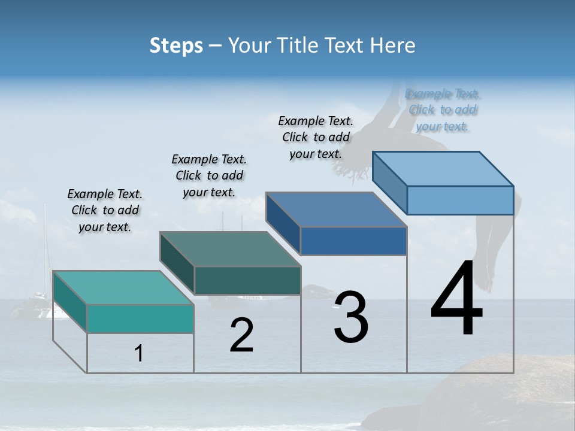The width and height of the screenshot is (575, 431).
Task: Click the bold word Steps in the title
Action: tap(176, 45)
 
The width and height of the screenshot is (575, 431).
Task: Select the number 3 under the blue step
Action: tap(351, 317)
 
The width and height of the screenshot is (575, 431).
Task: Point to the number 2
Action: tap(242, 335)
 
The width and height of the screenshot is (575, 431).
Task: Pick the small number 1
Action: tap(139, 354)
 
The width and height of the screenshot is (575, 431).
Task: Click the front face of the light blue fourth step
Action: tap(460, 200)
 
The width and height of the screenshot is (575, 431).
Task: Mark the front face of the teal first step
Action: tap(140, 318)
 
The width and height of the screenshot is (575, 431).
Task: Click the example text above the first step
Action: tap(105, 211)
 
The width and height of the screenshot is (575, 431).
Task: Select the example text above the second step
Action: tap(209, 175)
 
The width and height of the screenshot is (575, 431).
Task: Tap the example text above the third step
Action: tap(316, 137)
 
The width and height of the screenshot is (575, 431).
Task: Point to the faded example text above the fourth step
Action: tap(443, 110)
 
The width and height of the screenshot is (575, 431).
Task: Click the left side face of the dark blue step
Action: tap(283, 223)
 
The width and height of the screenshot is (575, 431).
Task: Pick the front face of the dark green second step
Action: tap(247, 280)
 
